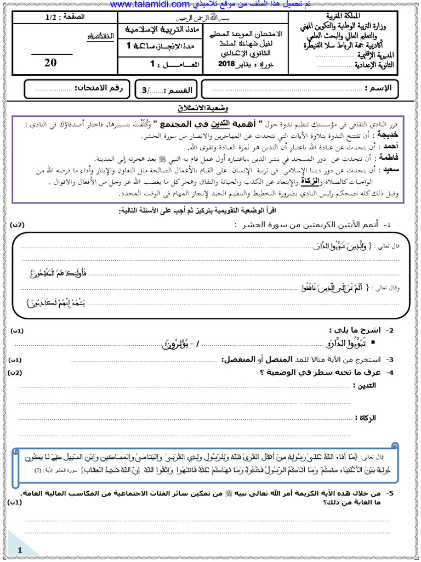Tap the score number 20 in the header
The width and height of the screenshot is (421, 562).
coord(50,63)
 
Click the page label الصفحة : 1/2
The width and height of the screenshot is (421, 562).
coord(65,18)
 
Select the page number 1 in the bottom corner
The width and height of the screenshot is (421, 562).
coord(20,550)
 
